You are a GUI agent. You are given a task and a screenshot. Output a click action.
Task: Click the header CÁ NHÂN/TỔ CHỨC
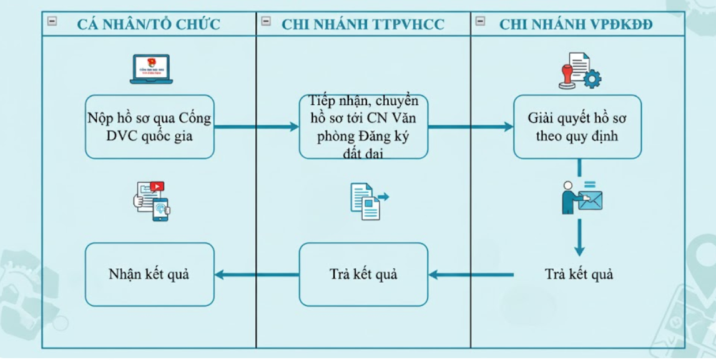coord(149,24)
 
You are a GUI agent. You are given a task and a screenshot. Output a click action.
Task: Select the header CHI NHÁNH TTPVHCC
coord(363,24)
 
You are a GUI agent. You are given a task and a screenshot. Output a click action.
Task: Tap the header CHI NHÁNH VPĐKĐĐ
coord(576,24)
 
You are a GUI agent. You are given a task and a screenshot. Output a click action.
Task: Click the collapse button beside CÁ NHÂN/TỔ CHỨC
coord(52,21)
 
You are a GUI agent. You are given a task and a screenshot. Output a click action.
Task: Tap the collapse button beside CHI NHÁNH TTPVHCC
coord(266,21)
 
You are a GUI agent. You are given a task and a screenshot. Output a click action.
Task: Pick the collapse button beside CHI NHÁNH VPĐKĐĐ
coord(480,21)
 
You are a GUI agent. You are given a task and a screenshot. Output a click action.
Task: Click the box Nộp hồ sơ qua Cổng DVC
coord(150,127)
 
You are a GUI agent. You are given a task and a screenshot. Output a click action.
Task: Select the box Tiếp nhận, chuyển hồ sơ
coord(363,127)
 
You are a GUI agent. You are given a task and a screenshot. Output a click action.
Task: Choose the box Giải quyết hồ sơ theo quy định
coord(577,127)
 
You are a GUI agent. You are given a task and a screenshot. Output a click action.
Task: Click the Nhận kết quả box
coord(150,274)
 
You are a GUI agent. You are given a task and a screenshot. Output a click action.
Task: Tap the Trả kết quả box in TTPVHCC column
coord(363,274)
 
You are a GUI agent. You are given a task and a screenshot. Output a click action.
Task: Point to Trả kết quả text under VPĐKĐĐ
coord(579,274)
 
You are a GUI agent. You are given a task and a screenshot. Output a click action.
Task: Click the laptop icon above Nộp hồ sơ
coord(151,69)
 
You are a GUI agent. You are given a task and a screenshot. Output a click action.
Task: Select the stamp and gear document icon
coord(579,71)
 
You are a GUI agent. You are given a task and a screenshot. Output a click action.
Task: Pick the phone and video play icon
coord(152,200)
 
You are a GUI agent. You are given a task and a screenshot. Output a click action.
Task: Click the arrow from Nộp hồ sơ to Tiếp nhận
coord(257,127)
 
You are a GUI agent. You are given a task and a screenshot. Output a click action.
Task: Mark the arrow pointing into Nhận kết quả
coord(257,274)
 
